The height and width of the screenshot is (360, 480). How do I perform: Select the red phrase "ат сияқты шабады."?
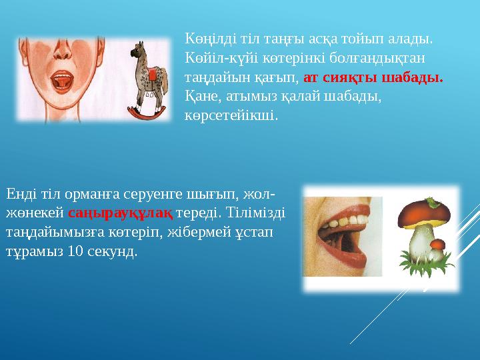[373, 77]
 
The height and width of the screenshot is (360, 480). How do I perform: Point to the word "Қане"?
[199, 96]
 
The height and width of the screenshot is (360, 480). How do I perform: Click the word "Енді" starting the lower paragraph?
[20, 194]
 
